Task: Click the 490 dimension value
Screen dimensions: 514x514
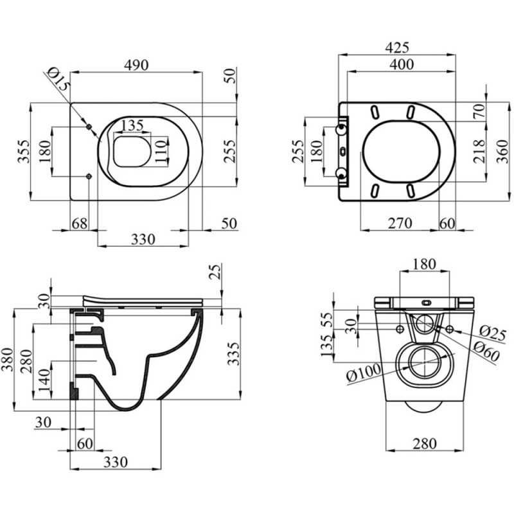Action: click(x=136, y=65)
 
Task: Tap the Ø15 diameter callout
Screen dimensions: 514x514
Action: click(x=60, y=79)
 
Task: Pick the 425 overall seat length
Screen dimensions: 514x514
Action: click(x=396, y=48)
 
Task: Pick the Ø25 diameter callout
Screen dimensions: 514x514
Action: click(x=493, y=333)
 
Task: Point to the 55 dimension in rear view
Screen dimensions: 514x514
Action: click(x=328, y=319)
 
